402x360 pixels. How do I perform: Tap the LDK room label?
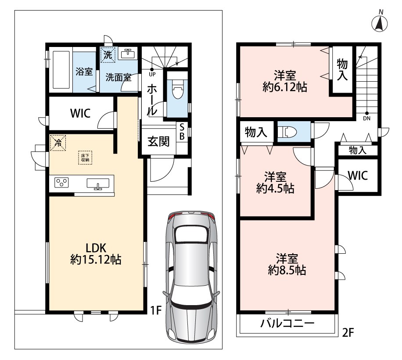[x=96, y=248]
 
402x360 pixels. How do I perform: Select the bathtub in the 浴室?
[x=61, y=69]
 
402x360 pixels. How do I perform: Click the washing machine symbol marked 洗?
[x=108, y=55]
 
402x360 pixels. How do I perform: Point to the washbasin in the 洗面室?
[x=128, y=54]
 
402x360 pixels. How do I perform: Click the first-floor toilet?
[x=177, y=88]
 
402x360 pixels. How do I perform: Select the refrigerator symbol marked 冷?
[x=58, y=143]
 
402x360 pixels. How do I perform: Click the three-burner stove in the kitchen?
[x=61, y=182]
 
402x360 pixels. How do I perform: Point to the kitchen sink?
[x=98, y=184]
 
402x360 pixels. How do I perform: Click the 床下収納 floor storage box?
[x=85, y=158]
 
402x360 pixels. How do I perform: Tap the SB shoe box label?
[x=182, y=132]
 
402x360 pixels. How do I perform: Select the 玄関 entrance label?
[x=158, y=141]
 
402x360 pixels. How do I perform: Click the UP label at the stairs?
[x=152, y=75]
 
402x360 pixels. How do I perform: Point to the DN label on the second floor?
[x=366, y=119]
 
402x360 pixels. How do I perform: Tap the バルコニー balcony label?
[x=287, y=324]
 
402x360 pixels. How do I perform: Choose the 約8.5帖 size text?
[x=287, y=270]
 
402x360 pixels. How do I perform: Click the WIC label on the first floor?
[x=80, y=113]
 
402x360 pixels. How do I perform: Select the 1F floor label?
[x=156, y=310]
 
